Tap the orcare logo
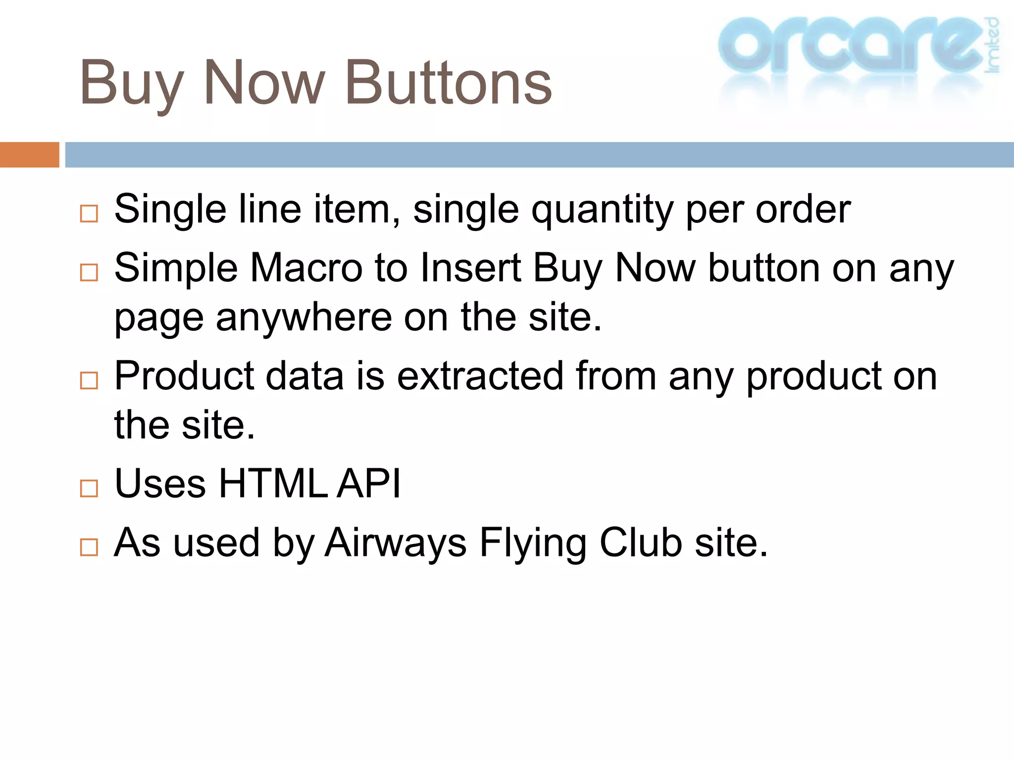point(850,47)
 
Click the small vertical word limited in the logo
point(992,45)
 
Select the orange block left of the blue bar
point(29,155)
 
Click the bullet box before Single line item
point(89,214)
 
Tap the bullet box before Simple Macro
point(89,272)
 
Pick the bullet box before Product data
point(89,380)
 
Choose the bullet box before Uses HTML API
point(89,488)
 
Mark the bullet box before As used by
point(89,547)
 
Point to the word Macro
point(305,268)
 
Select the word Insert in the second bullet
point(470,268)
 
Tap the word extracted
point(480,376)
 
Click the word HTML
point(273,484)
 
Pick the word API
point(369,484)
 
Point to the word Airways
point(396,544)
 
